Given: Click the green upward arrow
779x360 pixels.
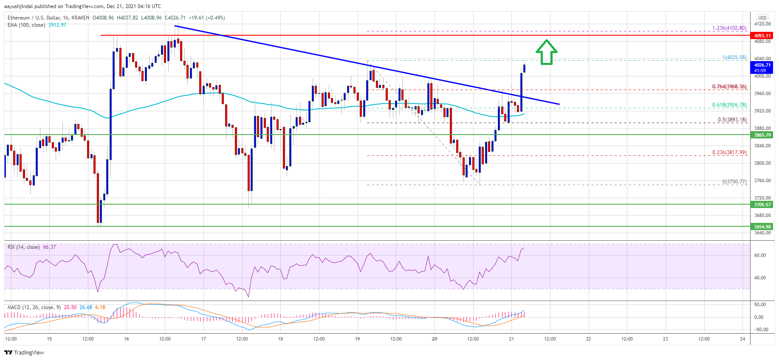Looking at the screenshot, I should pos(546,52).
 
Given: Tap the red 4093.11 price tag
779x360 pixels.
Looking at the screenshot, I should pos(762,36).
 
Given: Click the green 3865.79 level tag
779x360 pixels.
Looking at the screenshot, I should pos(762,135).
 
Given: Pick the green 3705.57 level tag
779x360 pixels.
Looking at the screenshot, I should pos(762,205).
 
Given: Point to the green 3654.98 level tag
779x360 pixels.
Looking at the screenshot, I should pos(762,227).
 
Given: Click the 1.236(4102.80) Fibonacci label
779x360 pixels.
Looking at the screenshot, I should pos(729,28).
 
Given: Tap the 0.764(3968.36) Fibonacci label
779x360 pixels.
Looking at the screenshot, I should pos(729,87).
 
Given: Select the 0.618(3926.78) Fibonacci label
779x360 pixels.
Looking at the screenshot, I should pos(729,105).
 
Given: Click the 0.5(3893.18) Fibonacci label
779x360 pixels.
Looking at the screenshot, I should pos(732,120).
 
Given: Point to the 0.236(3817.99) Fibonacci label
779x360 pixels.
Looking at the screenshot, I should pos(729,152).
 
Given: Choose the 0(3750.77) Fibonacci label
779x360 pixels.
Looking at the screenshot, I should pos(734,182).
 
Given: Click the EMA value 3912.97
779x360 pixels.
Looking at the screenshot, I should pos(57,25).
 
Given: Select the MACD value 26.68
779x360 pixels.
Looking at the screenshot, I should pos(86,307).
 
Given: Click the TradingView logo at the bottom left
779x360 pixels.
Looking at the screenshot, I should pos(24,352).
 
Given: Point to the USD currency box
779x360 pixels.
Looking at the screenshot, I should pos(762,18).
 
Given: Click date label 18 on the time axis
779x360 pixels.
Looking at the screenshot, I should pos(280,339).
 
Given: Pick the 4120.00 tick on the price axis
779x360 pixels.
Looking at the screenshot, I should pos(762,24).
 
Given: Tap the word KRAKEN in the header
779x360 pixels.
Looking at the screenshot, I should pos(80,18).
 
